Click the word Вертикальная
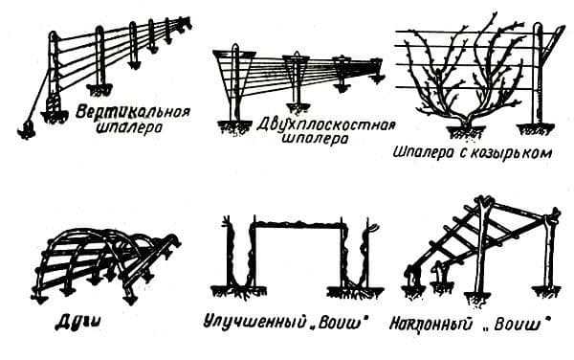pyautogui.click(x=133, y=111)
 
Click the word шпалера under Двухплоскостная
pyautogui.click(x=316, y=140)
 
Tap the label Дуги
pyautogui.click(x=78, y=323)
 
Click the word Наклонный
pyautogui.click(x=430, y=326)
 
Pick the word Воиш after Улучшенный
pyautogui.click(x=342, y=324)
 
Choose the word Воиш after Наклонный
pyautogui.click(x=517, y=325)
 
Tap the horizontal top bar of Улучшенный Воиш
pyautogui.click(x=298, y=223)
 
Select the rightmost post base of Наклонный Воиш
pyautogui.click(x=546, y=291)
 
